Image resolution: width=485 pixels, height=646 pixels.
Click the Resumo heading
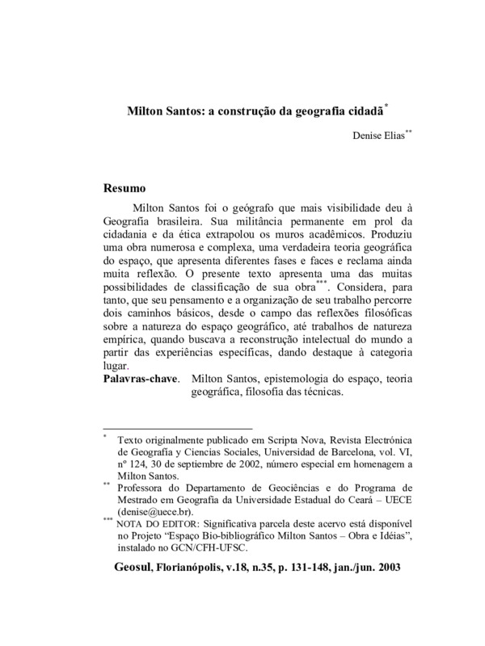coord(124,189)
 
